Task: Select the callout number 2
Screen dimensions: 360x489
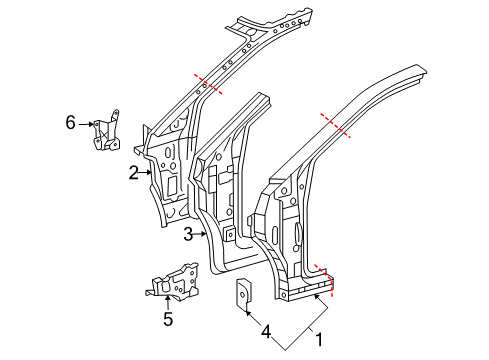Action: pyautogui.click(x=133, y=172)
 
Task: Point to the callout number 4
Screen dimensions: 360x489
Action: pyautogui.click(x=264, y=329)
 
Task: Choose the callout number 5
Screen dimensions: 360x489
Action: pyautogui.click(x=168, y=320)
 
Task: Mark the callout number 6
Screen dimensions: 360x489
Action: pyautogui.click(x=70, y=122)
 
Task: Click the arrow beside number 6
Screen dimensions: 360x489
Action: pyautogui.click(x=86, y=123)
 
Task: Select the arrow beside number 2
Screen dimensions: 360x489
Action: pyautogui.click(x=146, y=172)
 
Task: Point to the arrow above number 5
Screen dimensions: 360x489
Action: pyautogui.click(x=168, y=301)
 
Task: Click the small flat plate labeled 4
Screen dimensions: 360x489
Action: pyautogui.click(x=242, y=296)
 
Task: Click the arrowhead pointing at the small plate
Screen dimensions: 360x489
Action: pyautogui.click(x=245, y=312)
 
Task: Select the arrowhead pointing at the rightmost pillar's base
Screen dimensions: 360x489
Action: pyautogui.click(x=318, y=297)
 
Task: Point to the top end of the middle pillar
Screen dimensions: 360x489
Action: pyautogui.click(x=263, y=96)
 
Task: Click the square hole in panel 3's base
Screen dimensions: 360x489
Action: pyautogui.click(x=229, y=236)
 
